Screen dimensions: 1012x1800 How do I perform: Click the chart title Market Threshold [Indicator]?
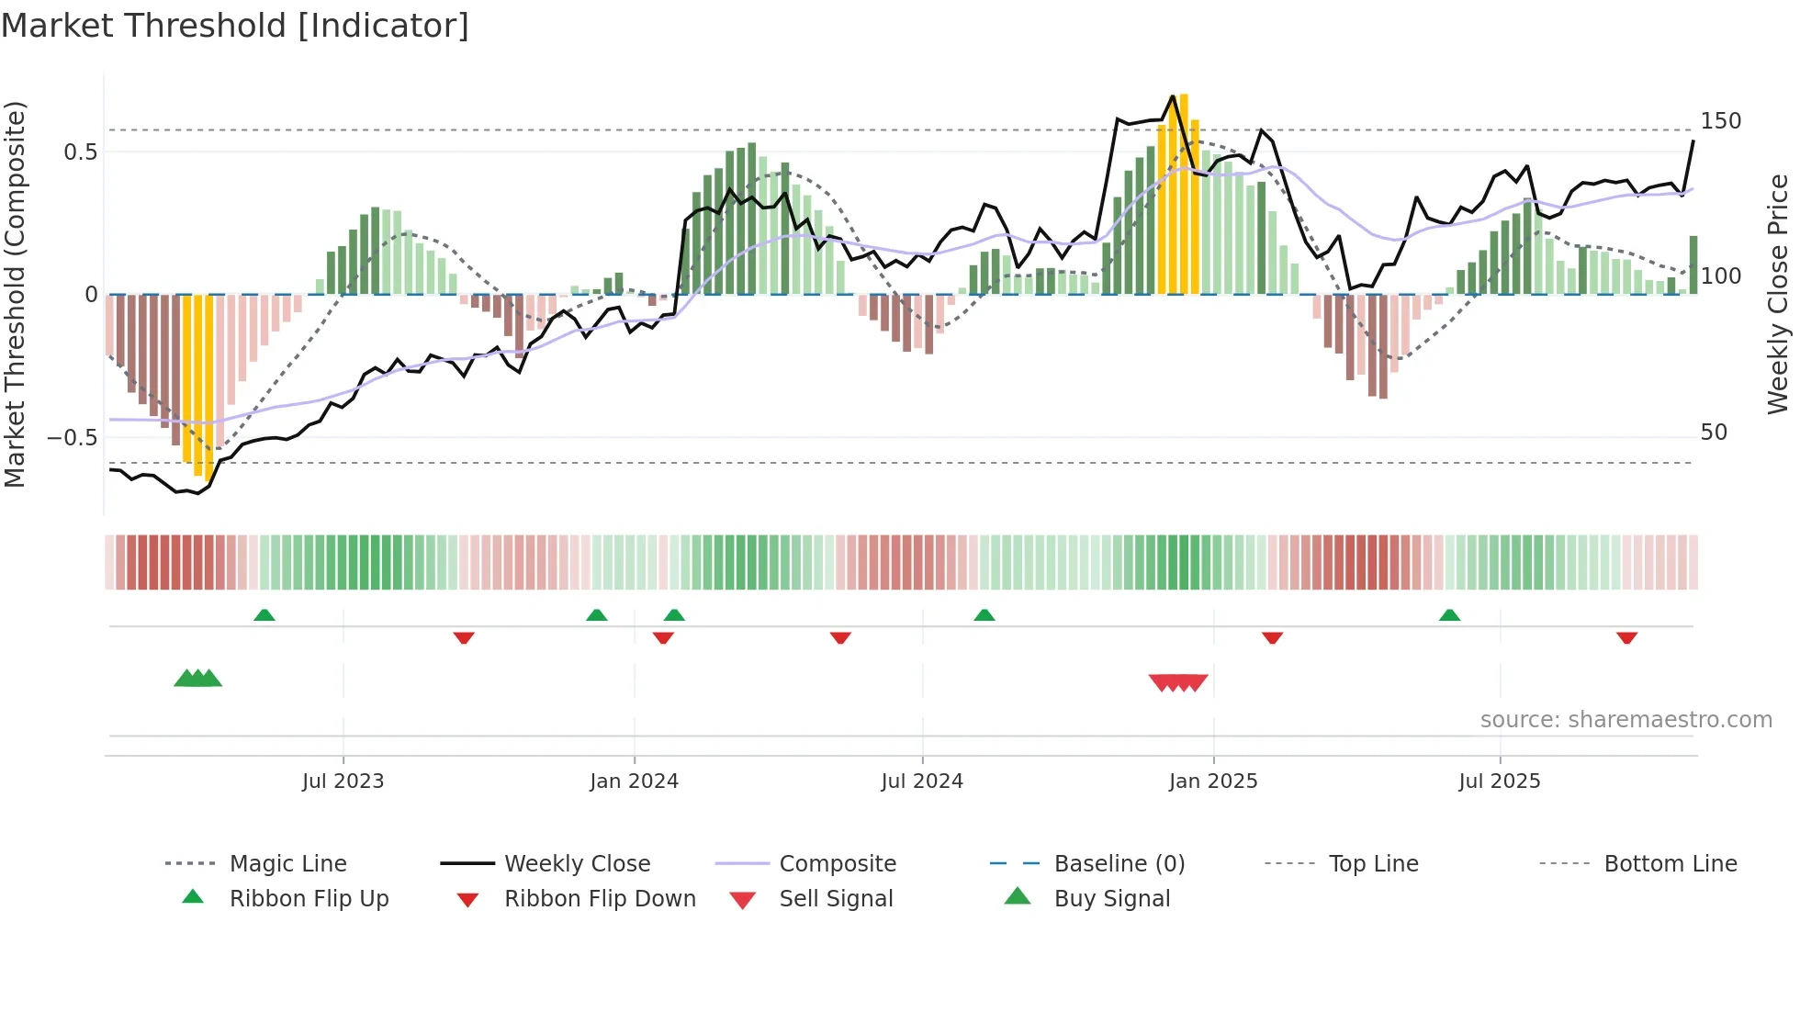(x=235, y=26)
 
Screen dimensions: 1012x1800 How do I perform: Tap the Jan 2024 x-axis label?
(x=634, y=781)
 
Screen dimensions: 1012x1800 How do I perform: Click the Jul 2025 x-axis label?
(x=1499, y=781)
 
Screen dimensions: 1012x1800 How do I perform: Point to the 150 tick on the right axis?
(x=1720, y=121)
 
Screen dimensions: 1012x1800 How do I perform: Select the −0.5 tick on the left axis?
(x=72, y=437)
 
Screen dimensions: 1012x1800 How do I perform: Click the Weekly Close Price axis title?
(x=1778, y=294)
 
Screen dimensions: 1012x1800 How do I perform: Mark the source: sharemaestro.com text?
(x=1626, y=720)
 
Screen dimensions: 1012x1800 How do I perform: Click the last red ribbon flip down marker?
(x=1626, y=637)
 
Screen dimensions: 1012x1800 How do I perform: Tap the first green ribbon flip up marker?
(x=264, y=614)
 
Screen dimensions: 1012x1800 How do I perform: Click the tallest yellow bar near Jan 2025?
(x=1184, y=193)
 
